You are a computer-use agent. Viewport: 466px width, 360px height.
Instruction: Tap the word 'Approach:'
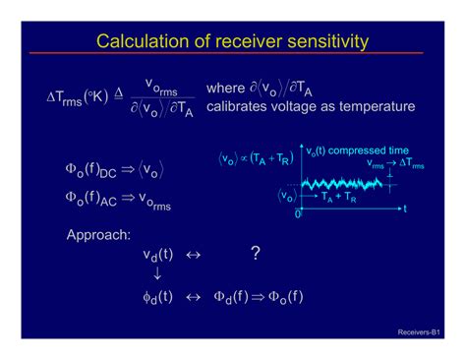pos(97,236)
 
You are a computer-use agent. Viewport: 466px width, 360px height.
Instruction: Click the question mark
pos(255,254)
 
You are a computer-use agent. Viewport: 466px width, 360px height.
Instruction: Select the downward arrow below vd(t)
pos(157,274)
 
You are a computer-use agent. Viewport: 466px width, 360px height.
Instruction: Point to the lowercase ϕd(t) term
pos(158,296)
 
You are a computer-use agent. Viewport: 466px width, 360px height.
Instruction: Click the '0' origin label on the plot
pos(299,213)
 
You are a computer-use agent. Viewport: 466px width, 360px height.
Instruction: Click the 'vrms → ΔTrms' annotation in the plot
pos(395,165)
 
